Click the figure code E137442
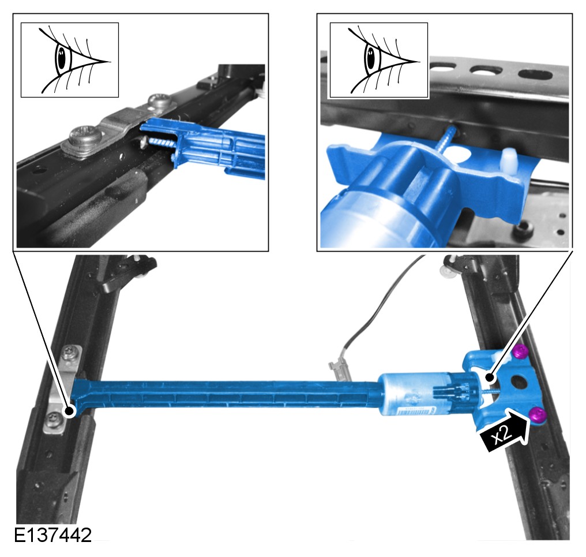pos(52,535)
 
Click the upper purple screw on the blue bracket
pos(520,352)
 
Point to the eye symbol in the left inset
pos(70,60)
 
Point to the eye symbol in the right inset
pos(378,61)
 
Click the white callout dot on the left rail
pos(69,412)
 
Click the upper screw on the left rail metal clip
pos(70,352)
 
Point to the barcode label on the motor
pos(414,411)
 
